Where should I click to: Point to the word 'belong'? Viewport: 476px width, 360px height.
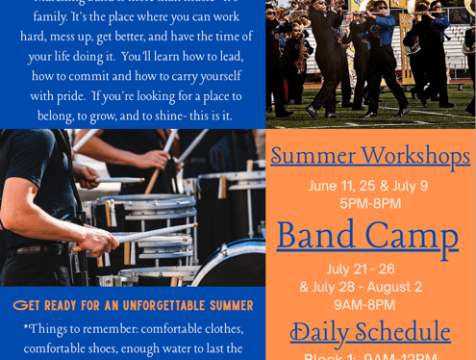pos(56,116)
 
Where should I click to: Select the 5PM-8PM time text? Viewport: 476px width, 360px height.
pos(370,204)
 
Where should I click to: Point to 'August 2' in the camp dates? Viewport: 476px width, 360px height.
pos(392,287)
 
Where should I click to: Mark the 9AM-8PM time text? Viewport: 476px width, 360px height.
pos(364,305)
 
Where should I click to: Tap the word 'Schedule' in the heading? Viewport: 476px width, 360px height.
pos(405,332)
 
